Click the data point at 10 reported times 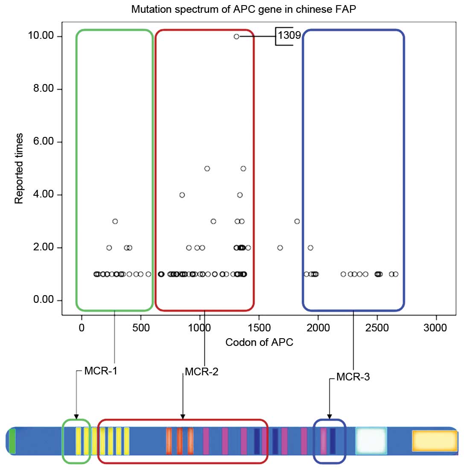(x=236, y=37)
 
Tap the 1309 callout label (x=289, y=36)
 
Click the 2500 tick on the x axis (x=377, y=328)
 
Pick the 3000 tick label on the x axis (x=436, y=328)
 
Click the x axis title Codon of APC (x=259, y=342)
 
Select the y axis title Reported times (x=19, y=168)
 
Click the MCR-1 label (x=101, y=371)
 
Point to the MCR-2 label (x=201, y=371)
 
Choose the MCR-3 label (x=352, y=377)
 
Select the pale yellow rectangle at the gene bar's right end (x=434, y=441)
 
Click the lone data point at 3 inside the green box (x=115, y=221)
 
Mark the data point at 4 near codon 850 (x=182, y=195)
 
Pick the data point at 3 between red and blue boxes (x=297, y=221)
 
